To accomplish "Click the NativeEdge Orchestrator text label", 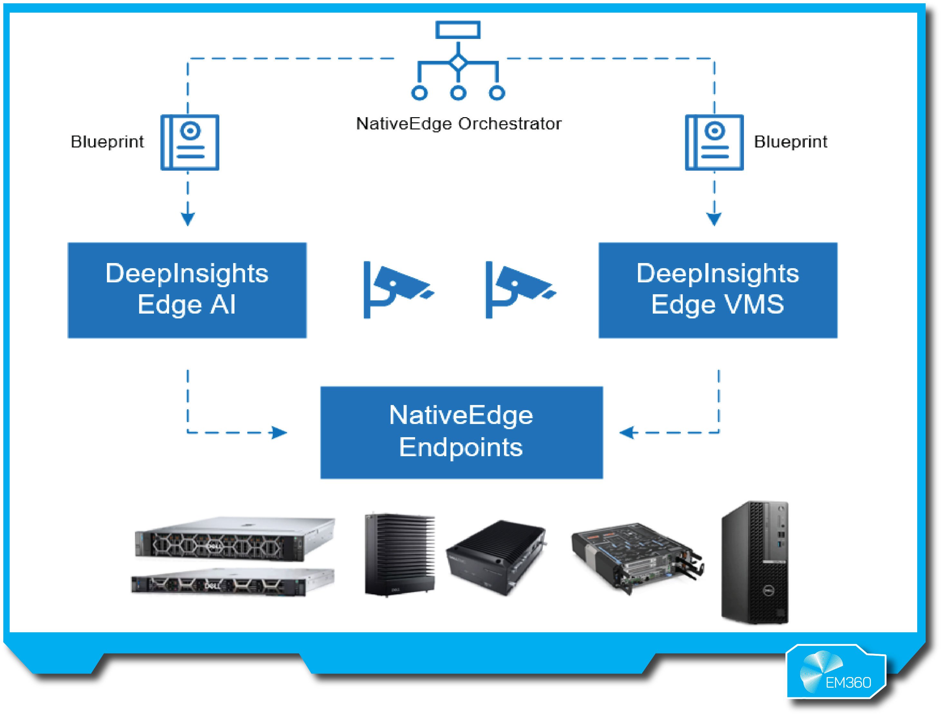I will [458, 124].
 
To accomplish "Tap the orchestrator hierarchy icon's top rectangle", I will [458, 30].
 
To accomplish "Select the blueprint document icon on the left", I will [190, 142].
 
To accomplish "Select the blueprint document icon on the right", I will [714, 142].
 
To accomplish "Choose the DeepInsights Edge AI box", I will [187, 290].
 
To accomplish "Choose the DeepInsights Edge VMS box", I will [718, 290].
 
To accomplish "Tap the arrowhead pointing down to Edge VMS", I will [714, 219].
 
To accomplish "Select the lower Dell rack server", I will [232, 581].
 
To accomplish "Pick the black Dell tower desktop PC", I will [755, 562].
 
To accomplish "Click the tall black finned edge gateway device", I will [399, 554].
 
